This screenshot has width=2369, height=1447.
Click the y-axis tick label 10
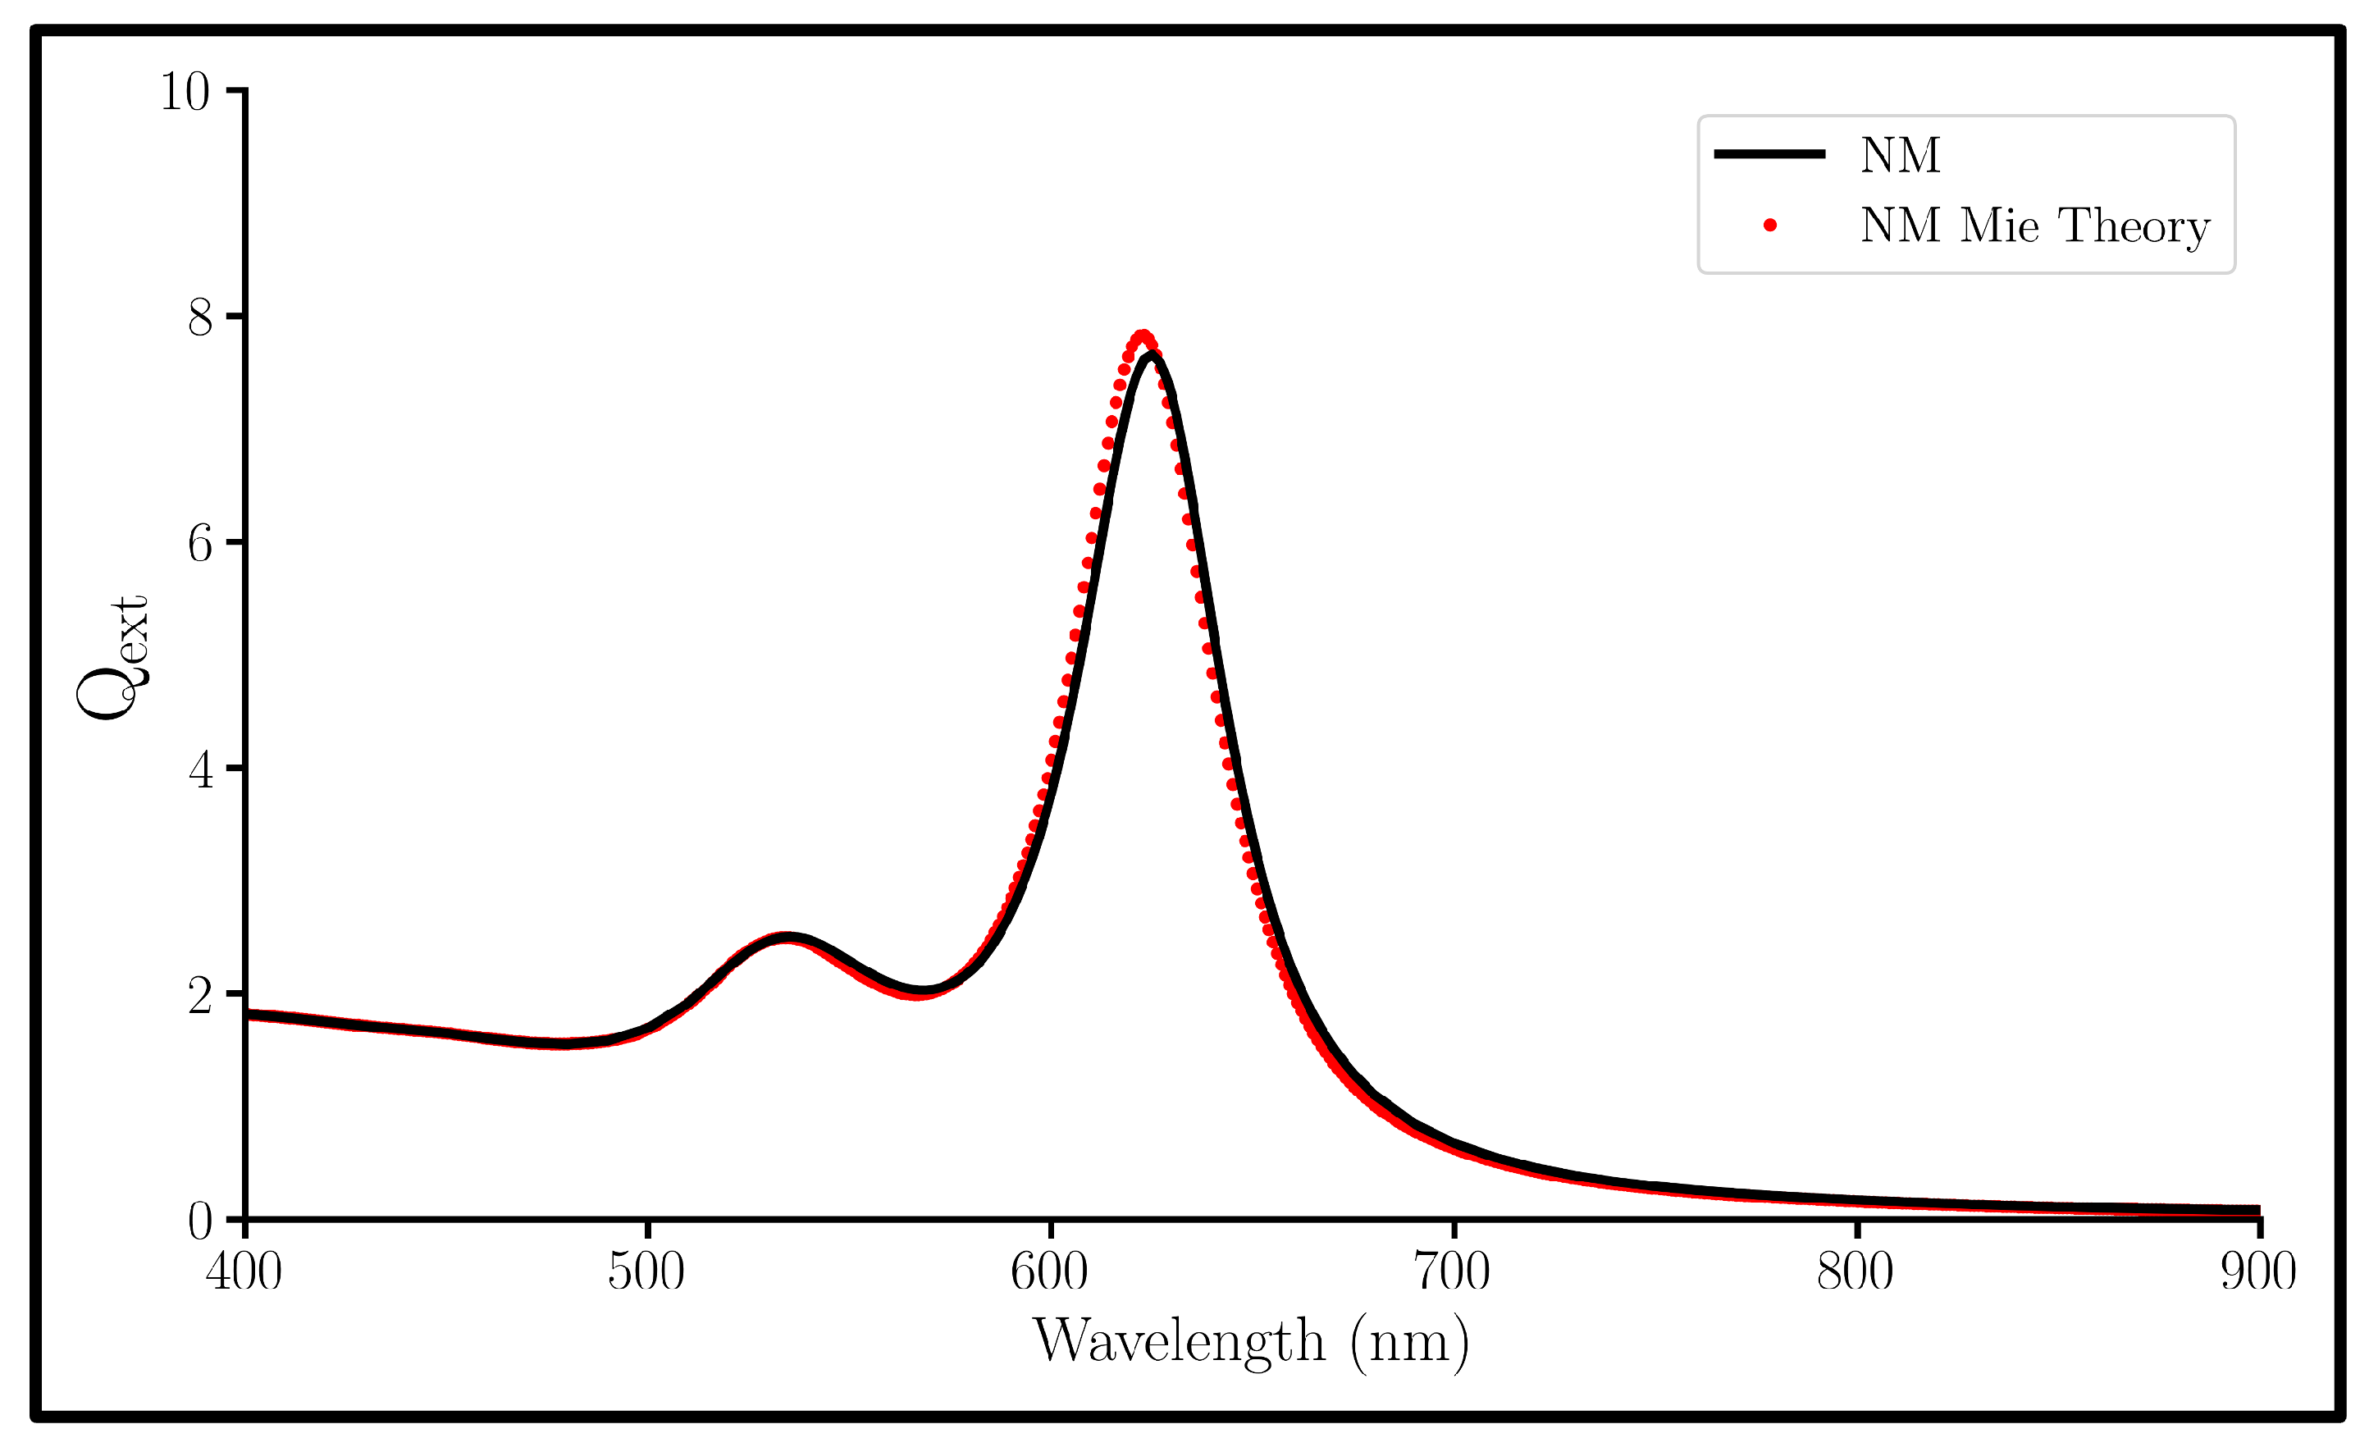[185, 93]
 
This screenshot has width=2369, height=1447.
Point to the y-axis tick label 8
[200, 317]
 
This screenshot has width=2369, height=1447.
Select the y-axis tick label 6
[200, 544]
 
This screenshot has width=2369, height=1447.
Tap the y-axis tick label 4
[200, 770]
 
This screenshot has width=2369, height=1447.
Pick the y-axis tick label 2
[200, 996]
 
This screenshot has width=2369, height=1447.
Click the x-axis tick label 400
[244, 1272]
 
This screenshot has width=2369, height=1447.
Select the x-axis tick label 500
[646, 1272]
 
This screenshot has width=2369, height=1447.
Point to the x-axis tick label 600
[1049, 1272]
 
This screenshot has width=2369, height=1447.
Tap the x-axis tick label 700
[1452, 1272]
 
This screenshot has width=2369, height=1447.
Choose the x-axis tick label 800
[1855, 1272]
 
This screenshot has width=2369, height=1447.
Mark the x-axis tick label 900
[2257, 1272]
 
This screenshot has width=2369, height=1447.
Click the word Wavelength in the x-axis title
[1179, 1341]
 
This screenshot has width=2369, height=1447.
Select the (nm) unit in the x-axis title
[1409, 1342]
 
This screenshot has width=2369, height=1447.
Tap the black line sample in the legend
[1769, 154]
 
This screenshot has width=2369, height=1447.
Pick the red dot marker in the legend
[1770, 225]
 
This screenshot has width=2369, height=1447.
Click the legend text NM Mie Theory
[2034, 226]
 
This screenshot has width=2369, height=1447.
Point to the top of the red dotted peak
[1142, 336]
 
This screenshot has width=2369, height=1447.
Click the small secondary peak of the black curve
[787, 938]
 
